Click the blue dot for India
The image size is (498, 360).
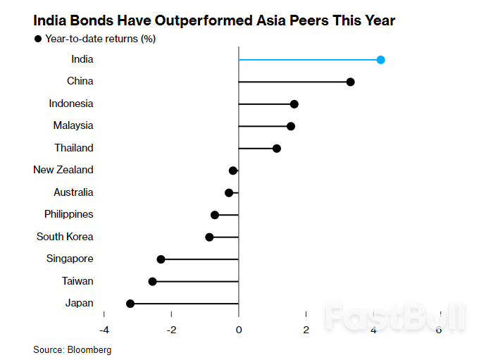(x=380, y=60)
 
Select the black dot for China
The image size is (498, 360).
(x=350, y=82)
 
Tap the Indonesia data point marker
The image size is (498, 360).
(x=294, y=104)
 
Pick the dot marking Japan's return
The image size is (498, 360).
(x=130, y=304)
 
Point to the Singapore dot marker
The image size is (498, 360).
(x=161, y=259)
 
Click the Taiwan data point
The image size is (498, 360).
(x=152, y=281)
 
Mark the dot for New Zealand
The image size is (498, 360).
(x=233, y=170)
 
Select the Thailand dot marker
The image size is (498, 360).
(x=276, y=149)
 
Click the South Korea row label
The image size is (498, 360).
(x=65, y=237)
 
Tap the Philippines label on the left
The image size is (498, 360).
(x=68, y=214)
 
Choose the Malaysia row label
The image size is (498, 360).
(x=73, y=125)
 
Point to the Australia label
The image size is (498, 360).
(x=73, y=192)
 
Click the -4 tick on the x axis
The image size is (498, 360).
(x=104, y=330)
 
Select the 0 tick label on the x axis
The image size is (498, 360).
(x=239, y=330)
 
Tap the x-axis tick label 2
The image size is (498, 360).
(x=306, y=330)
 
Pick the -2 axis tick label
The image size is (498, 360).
(x=171, y=330)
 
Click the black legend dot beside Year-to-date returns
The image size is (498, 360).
(x=38, y=39)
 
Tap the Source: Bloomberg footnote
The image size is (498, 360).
(x=72, y=349)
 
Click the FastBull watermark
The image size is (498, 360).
(x=395, y=318)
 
